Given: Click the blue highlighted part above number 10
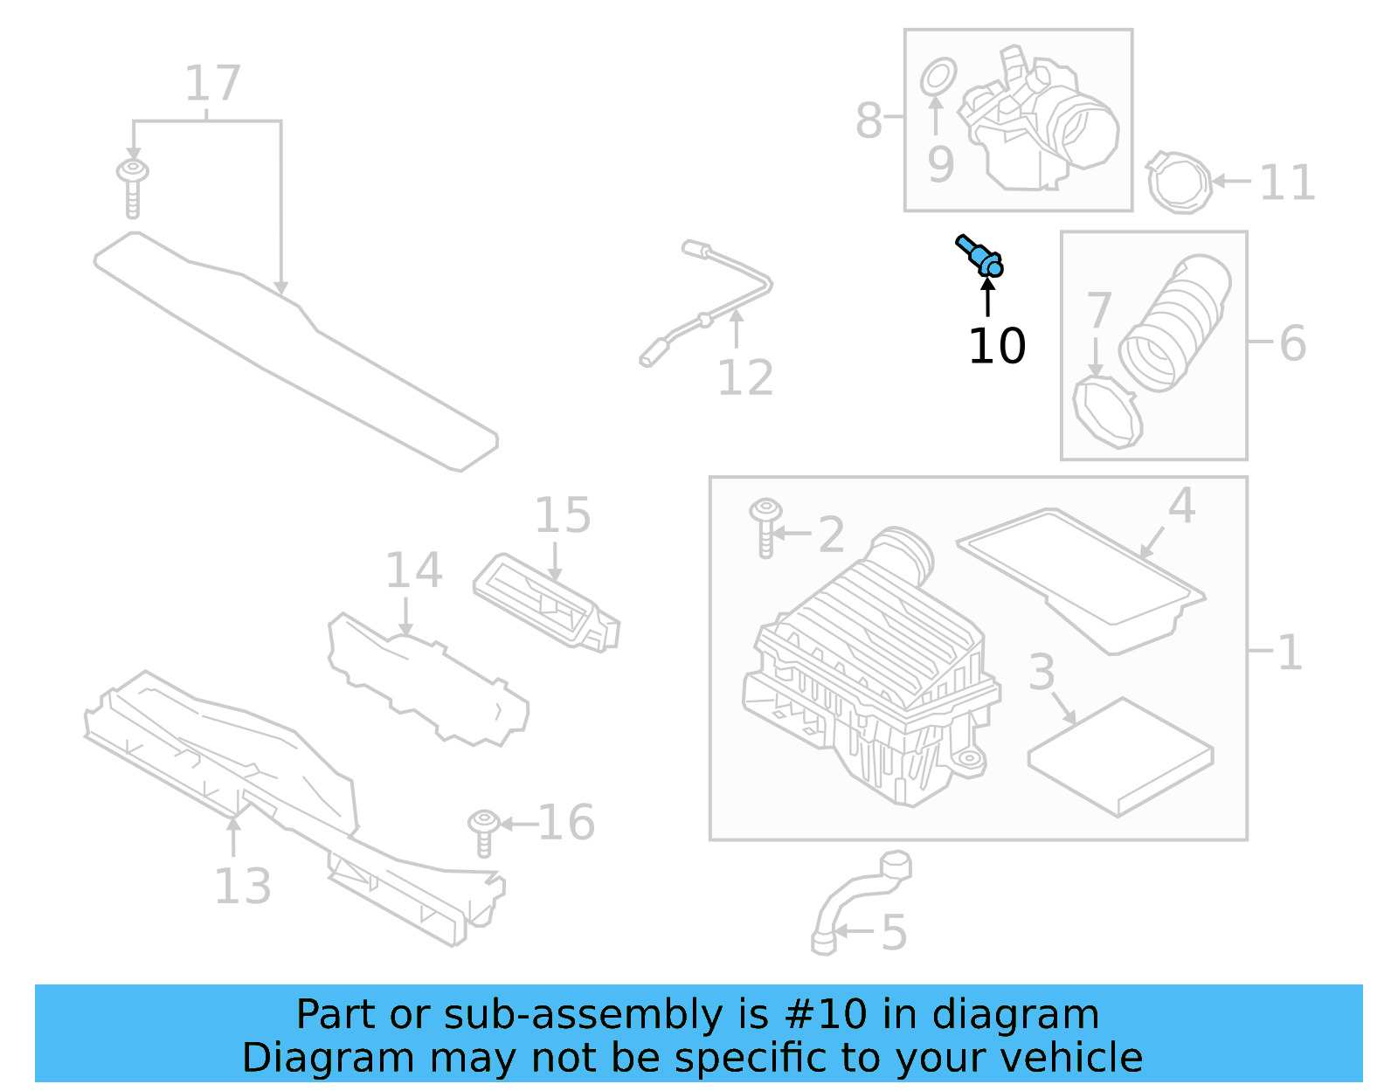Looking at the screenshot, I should tap(980, 256).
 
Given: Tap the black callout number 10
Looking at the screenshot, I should tap(996, 346).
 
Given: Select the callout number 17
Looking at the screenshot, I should tap(212, 84).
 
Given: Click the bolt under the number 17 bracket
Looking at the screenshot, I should tap(132, 186).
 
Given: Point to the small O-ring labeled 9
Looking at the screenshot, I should tap(938, 77).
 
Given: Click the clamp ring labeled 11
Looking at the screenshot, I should tap(1179, 182).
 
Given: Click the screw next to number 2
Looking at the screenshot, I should tap(765, 526).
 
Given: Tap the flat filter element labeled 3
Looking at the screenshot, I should tap(1120, 756).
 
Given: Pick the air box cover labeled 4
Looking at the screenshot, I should tap(1082, 577).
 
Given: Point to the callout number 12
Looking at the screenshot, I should tap(744, 378).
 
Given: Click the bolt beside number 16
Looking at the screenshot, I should tap(483, 832).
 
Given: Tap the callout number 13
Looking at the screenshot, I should tap(242, 886).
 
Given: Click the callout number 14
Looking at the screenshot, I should tap(413, 570).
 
